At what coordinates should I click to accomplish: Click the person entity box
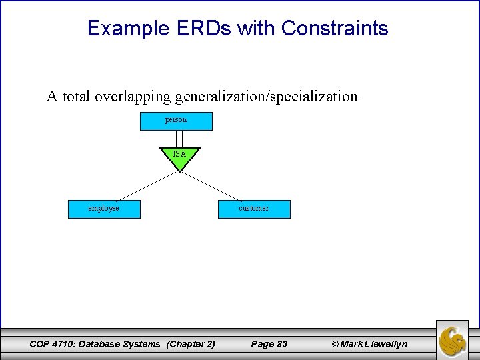click(176, 121)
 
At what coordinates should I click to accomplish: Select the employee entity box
click(104, 209)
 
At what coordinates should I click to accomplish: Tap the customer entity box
click(254, 209)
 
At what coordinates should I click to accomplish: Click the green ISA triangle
click(179, 157)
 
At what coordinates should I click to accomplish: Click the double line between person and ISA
click(179, 138)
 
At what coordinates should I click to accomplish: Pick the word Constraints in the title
click(335, 29)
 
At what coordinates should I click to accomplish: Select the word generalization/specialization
click(266, 97)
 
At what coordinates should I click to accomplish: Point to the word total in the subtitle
click(77, 97)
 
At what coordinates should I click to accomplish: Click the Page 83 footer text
click(269, 344)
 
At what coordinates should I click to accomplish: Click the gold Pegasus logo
click(452, 339)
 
